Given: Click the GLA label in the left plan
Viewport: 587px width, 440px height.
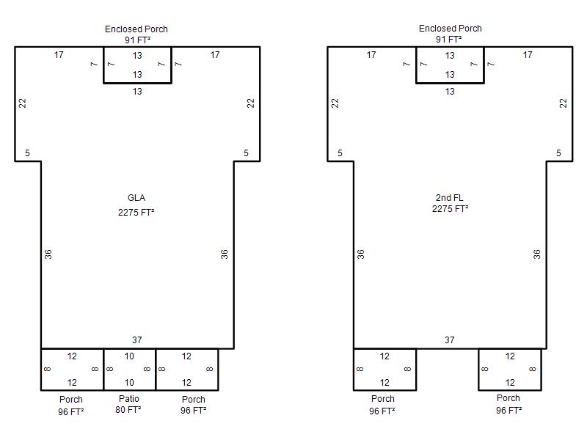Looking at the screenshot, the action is point(136,198).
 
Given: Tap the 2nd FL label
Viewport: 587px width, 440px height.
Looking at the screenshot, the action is point(449,197).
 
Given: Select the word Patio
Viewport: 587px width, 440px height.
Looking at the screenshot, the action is point(129,398).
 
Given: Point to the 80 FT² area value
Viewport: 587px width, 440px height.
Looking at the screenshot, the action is point(128,410).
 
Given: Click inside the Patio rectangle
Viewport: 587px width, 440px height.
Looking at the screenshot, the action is point(130,370).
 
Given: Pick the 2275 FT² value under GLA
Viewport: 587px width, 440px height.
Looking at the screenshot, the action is point(136,213).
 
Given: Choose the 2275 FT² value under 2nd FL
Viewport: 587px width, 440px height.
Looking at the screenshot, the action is point(450,209).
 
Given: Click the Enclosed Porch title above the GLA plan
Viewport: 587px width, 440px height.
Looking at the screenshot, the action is point(136,29).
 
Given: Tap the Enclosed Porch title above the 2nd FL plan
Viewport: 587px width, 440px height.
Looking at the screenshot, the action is point(451,29).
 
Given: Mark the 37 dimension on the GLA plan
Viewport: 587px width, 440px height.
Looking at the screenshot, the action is point(137,340).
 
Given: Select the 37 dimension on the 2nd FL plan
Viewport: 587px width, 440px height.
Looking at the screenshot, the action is point(450,340).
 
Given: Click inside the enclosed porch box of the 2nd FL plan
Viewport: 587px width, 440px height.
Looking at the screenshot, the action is point(450,65).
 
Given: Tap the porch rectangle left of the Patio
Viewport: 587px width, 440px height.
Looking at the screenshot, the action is point(72,370).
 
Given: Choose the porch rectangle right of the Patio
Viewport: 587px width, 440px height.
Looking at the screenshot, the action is point(187,370).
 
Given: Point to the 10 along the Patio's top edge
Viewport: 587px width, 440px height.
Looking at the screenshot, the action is point(129,356).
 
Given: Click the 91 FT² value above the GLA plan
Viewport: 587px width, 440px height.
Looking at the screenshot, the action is point(138,40).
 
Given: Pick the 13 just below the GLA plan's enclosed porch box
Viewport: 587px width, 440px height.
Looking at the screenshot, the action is point(137,91).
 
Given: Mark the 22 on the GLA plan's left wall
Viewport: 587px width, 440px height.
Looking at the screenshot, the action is point(23,103).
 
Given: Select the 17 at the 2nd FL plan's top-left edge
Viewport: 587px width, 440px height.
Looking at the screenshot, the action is point(371,55).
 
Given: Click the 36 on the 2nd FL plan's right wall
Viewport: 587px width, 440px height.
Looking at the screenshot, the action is point(537,254).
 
